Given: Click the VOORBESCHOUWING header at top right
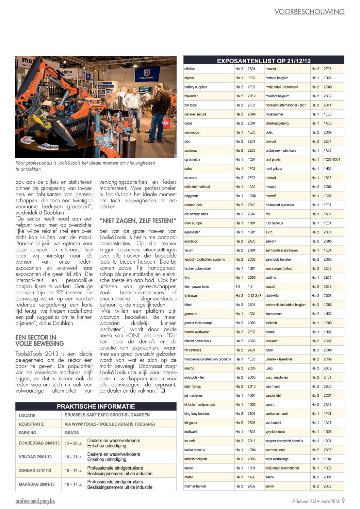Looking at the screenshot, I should pos(309,12).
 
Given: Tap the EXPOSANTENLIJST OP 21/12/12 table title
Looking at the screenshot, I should pos(264,61).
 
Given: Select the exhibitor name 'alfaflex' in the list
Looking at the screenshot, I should pos(190,69).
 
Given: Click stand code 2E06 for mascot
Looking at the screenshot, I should pos(327,69).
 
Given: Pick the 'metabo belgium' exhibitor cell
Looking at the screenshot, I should pos(277,78).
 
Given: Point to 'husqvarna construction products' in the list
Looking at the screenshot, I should pos(208,359).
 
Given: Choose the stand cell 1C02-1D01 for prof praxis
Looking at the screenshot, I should pos(332,160).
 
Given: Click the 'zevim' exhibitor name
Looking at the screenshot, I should pos(269,486).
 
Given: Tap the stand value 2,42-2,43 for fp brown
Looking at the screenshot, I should pos(254,296).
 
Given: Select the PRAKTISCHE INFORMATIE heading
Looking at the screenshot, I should pos(96,406).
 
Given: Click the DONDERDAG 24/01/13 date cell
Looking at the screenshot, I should pos(39,443).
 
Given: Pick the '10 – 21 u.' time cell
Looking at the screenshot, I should pos(73,457).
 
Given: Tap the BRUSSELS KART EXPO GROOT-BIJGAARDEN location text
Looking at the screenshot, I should pos(107,415).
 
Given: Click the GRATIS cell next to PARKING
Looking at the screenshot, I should pos(71,433).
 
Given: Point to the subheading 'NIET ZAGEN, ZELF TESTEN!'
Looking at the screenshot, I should pos(138,221).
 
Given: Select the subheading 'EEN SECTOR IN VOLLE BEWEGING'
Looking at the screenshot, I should pos(39,340).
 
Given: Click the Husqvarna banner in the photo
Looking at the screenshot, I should pos(146,74).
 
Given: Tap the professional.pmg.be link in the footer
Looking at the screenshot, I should pos(35,501).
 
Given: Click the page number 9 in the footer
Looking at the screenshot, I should pos(343,501).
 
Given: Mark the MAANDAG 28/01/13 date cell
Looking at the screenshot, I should pos(36,484).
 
